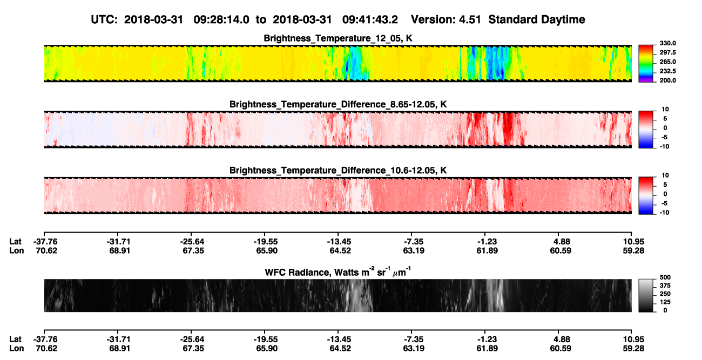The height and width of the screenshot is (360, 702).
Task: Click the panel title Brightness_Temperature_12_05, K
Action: coord(338,38)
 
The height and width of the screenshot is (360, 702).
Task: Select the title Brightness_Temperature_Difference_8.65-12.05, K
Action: coord(338,104)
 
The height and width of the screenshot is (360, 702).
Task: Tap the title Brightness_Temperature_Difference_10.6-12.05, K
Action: coord(338,171)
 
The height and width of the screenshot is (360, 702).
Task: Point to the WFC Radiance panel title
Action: coord(338,272)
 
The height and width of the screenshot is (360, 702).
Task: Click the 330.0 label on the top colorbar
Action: coord(667,43)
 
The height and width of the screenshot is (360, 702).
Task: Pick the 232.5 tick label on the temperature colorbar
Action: coord(667,71)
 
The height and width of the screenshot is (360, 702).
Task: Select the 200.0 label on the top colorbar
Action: coord(667,80)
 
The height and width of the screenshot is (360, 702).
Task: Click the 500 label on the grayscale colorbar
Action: coord(665,277)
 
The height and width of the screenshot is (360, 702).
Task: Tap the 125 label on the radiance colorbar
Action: coord(665,302)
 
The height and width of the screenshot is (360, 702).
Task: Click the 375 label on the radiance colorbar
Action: coord(665,286)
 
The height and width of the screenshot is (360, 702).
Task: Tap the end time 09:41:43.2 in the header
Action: coord(370,19)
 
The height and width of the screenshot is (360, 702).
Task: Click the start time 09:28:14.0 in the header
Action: coord(221,19)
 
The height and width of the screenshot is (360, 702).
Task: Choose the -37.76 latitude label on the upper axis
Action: coord(45,242)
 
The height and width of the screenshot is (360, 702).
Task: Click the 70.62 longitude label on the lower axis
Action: coord(46,349)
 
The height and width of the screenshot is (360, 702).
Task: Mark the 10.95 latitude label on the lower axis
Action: coord(633,339)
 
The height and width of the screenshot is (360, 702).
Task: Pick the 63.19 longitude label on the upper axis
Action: coord(414,250)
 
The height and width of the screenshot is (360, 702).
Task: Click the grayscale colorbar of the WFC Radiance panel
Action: coord(646,295)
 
